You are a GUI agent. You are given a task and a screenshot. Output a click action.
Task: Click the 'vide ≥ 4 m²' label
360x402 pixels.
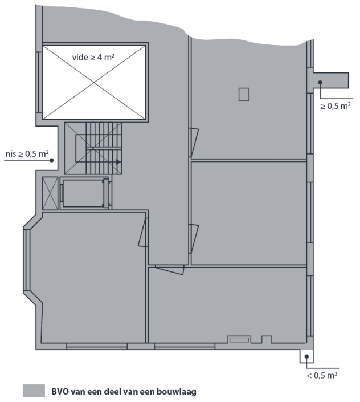pyautogui.click(x=93, y=57)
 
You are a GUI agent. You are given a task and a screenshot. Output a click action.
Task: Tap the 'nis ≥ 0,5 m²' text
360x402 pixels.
pyautogui.click(x=27, y=153)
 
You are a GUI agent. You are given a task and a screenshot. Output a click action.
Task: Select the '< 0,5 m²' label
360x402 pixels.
pyautogui.click(x=322, y=375)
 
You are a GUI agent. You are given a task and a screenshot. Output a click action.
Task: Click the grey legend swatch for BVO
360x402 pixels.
pyautogui.click(x=34, y=391)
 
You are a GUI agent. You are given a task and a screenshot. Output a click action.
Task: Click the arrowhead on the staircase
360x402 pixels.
pyautogui.click(x=118, y=162)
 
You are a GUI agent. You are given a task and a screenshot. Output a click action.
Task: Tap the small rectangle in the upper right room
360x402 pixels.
pyautogui.click(x=244, y=94)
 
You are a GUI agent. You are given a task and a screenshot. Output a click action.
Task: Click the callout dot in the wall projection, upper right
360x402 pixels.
pyautogui.click(x=320, y=82)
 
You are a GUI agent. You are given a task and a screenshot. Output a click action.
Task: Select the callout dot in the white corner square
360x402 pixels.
pyautogui.click(x=306, y=356)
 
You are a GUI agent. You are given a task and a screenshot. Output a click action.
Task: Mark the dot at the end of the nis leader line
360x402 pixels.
pyautogui.click(x=51, y=160)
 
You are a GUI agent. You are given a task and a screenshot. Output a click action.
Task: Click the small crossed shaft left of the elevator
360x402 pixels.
pyautogui.click(x=50, y=193)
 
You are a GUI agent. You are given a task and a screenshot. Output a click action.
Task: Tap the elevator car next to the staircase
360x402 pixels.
pyautogui.click(x=83, y=193)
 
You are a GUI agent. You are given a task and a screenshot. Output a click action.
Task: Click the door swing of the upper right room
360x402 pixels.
pyautogui.click(x=194, y=143)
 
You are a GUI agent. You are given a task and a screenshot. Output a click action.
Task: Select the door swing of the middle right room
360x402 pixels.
pyautogui.click(x=194, y=239)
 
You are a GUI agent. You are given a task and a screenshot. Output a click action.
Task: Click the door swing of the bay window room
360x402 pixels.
pyautogui.click(x=143, y=233)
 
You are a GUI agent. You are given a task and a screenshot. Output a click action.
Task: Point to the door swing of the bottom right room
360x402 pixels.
pyautogui.click(x=170, y=270)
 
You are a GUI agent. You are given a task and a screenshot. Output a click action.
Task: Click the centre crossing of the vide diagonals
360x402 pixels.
pyautogui.click(x=94, y=83)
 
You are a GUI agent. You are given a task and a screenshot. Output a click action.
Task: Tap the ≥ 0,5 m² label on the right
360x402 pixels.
pyautogui.click(x=336, y=105)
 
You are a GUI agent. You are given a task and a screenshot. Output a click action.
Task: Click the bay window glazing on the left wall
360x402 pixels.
pyautogui.click(x=27, y=259)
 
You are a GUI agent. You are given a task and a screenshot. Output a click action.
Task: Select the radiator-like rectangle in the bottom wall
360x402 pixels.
pyautogui.click(x=239, y=340)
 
